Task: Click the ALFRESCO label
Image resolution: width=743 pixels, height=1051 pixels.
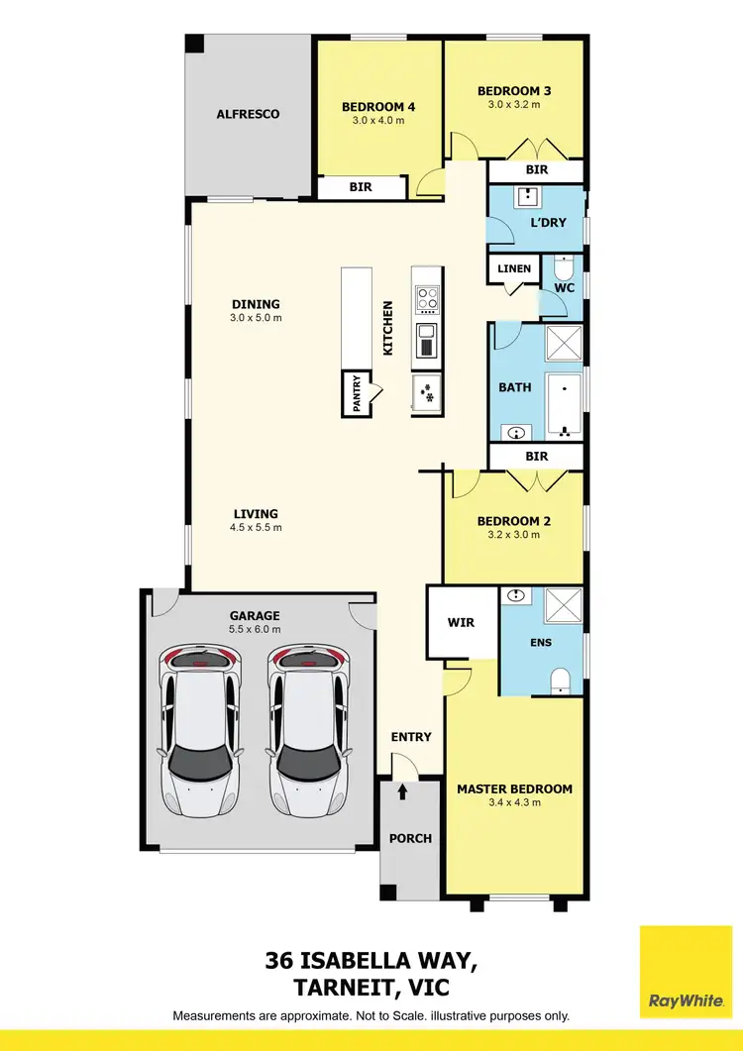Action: pyautogui.click(x=248, y=114)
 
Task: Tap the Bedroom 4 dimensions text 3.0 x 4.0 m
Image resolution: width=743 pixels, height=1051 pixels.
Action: pyautogui.click(x=378, y=121)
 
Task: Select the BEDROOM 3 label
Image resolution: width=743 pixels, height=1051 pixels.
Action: pyautogui.click(x=514, y=91)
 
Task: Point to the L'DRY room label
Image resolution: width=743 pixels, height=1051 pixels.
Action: pyautogui.click(x=547, y=222)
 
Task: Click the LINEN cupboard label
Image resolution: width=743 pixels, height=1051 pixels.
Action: pyautogui.click(x=513, y=268)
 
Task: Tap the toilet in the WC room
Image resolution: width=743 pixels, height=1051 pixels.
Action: pyautogui.click(x=564, y=268)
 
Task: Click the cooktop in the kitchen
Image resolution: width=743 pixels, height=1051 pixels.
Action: pyautogui.click(x=427, y=299)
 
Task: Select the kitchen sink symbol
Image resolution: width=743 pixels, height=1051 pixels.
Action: pyautogui.click(x=427, y=340)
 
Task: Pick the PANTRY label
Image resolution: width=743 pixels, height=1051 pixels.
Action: pyautogui.click(x=354, y=393)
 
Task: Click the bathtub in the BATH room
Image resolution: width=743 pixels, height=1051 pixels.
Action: pyautogui.click(x=564, y=406)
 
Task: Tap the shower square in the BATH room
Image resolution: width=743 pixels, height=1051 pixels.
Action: pyautogui.click(x=564, y=343)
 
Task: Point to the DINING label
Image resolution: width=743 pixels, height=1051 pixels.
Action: pyautogui.click(x=257, y=304)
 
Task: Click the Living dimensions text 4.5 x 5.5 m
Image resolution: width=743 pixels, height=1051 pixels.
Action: pyautogui.click(x=257, y=527)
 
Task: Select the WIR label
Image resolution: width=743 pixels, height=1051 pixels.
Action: pyautogui.click(x=462, y=623)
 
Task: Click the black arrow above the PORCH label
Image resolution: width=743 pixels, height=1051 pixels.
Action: pyautogui.click(x=402, y=792)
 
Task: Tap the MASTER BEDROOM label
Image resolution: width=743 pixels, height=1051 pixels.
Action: pyautogui.click(x=514, y=788)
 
